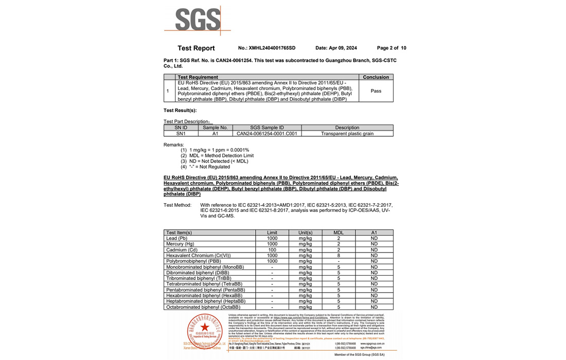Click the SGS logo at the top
coord(198,20)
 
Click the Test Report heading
coord(196,48)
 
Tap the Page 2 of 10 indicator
coord(391,48)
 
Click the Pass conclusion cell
coord(376,91)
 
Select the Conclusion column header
coord(376,77)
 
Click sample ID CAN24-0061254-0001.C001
coord(267,134)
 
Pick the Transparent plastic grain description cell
coord(347,134)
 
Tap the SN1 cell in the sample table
coord(181,134)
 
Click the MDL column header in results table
coord(338,232)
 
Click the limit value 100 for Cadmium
coord(272,249)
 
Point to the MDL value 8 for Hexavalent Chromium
coord(338,255)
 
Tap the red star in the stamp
coord(205,327)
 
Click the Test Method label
coord(178,205)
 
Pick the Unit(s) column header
coord(305,232)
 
